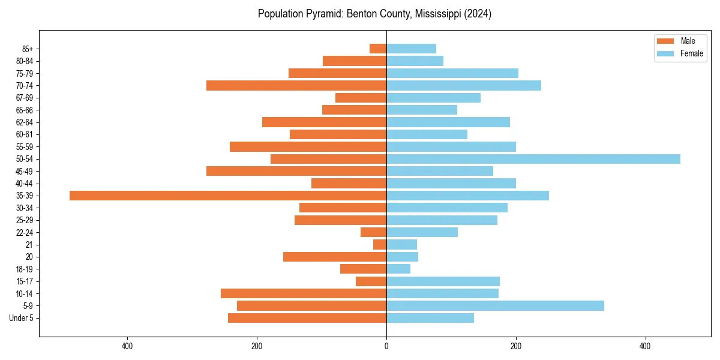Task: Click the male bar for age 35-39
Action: point(228,196)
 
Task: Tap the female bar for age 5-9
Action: point(495,306)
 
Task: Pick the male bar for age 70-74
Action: point(296,86)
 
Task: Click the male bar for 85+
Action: point(378,49)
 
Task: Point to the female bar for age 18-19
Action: point(398,269)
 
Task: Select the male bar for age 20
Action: point(335,257)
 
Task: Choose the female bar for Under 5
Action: point(430,318)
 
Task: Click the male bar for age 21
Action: point(380,245)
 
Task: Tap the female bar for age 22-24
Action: point(422,232)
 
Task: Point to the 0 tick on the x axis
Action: point(386,346)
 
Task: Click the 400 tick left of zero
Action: point(127,346)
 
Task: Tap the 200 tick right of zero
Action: point(515,346)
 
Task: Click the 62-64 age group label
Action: point(24,122)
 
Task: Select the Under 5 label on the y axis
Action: point(21,318)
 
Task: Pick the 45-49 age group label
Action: point(24,171)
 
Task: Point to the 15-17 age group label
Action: point(24,281)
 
